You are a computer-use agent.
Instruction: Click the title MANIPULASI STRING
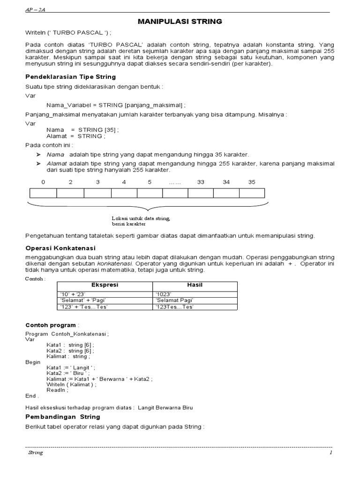[x=180, y=21]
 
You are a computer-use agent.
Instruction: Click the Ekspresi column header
[x=104, y=285]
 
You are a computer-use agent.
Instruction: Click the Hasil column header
[x=195, y=285]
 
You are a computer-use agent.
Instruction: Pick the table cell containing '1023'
[x=164, y=293]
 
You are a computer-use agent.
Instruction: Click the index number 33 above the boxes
[x=201, y=182]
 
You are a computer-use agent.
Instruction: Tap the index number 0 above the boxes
[x=43, y=182]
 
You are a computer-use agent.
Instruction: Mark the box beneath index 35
[x=252, y=193]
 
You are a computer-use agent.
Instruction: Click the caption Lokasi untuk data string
[x=141, y=218]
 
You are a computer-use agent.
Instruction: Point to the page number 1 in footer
[x=330, y=453]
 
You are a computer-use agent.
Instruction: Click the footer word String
[x=35, y=453]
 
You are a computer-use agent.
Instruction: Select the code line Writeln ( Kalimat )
[x=71, y=384]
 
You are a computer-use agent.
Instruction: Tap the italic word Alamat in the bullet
[x=55, y=163]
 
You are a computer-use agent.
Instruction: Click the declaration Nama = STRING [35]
[x=82, y=129]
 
